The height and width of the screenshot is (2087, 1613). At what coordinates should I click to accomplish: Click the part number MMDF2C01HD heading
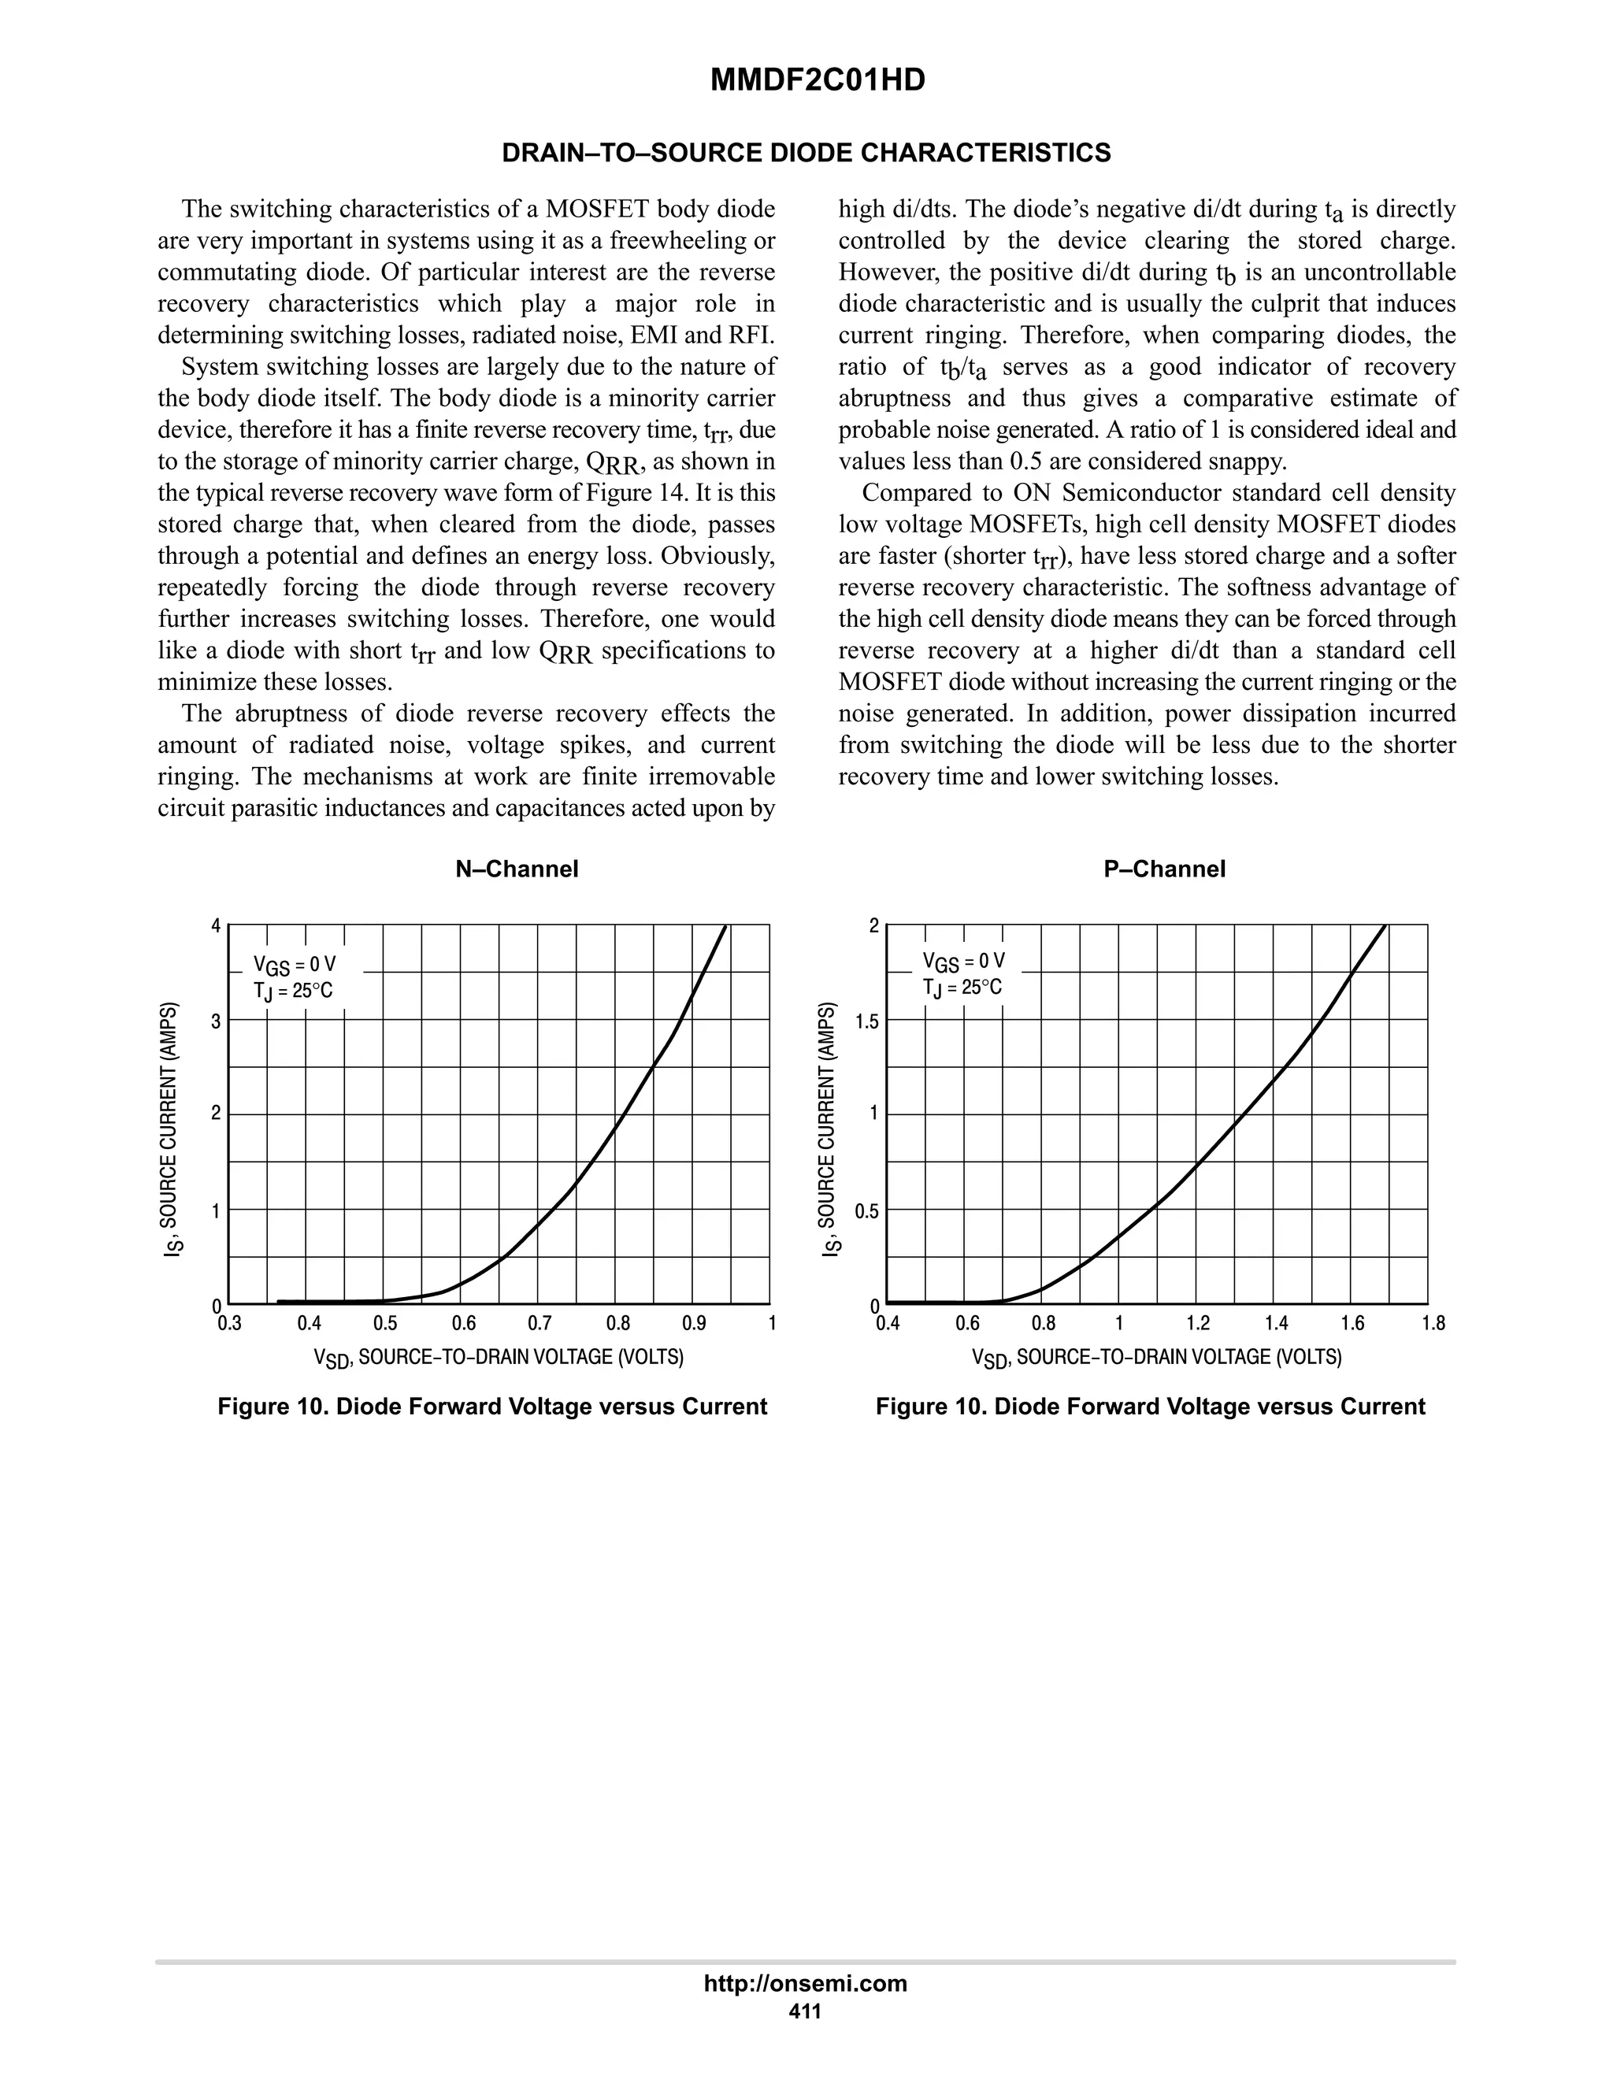point(817,80)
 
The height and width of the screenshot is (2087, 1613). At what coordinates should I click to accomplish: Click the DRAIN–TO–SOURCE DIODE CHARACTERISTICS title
point(806,153)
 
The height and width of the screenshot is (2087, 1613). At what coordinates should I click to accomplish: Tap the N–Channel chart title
point(516,869)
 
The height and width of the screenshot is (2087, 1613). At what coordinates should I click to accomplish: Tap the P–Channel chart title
point(1164,869)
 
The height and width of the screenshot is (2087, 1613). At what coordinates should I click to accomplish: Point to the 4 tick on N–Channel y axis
point(216,926)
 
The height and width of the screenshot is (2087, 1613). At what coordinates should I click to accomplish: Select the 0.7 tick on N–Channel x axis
point(540,1324)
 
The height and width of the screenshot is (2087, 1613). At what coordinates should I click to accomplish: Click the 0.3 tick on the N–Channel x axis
point(229,1324)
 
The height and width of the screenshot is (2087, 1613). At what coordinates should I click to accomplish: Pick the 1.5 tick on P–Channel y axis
point(866,1021)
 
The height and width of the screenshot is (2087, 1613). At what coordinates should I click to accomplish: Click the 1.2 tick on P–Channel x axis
point(1197,1324)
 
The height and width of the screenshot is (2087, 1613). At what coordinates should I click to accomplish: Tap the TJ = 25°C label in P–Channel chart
point(962,987)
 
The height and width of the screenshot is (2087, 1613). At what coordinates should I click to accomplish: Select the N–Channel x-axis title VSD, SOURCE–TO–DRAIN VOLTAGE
point(499,1358)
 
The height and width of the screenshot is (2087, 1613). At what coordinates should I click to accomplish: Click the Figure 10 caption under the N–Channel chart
point(492,1407)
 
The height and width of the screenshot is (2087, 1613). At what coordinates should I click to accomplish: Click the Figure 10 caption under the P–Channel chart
point(1150,1407)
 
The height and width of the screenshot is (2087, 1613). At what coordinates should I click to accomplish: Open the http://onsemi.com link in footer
point(805,1984)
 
